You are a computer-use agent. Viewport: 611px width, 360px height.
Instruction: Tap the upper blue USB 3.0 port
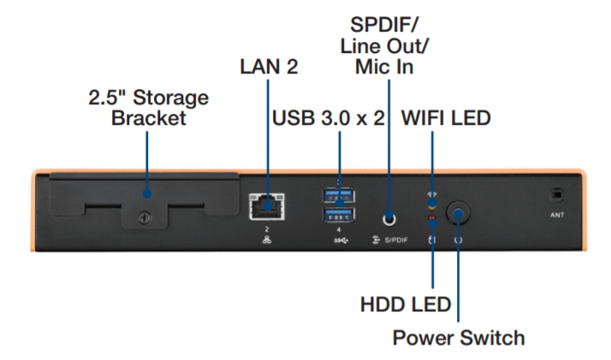pos(339,196)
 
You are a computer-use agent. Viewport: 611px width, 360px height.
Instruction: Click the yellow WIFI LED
pos(433,203)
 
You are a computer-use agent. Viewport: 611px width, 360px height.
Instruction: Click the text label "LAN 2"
pos(269,67)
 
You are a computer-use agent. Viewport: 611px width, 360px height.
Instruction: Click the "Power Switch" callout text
pos(459,337)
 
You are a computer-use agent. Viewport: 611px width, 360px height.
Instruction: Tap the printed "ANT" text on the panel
pos(556,215)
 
